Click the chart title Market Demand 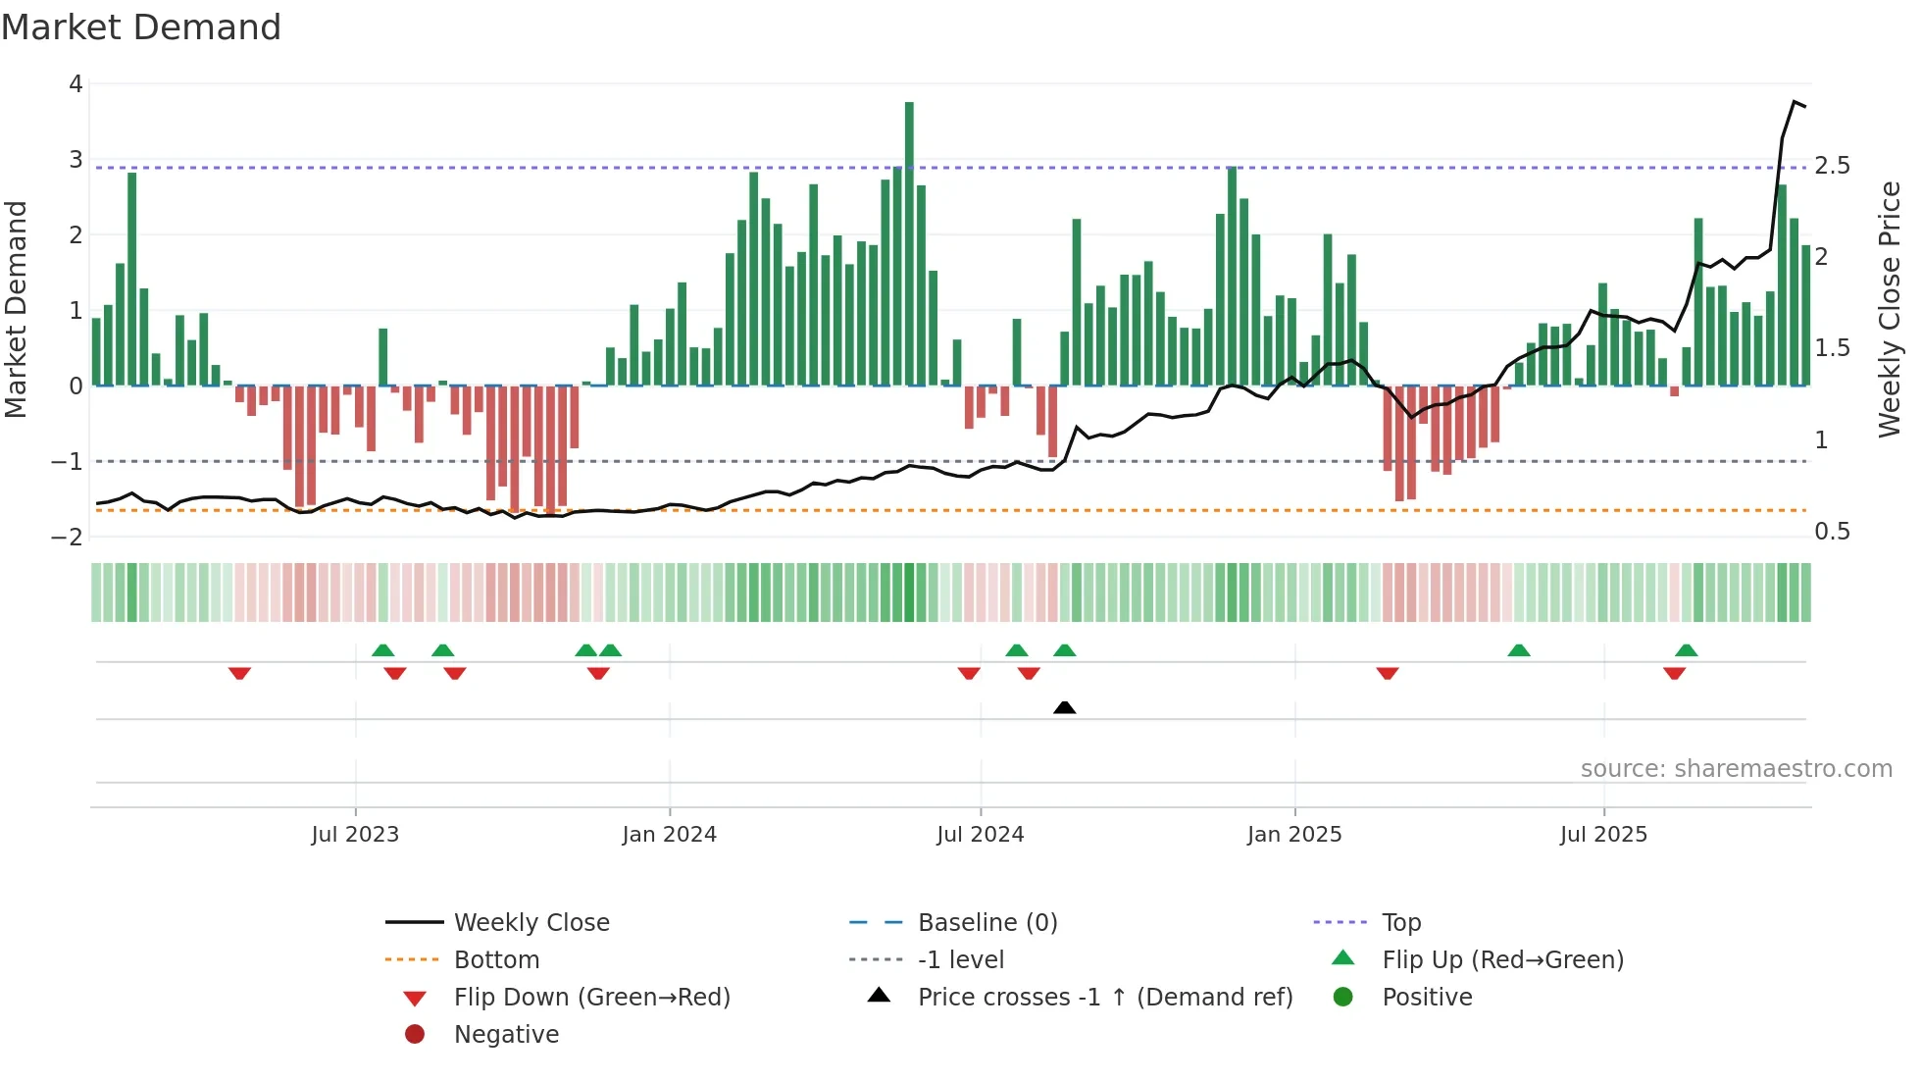141,27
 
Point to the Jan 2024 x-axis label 669,835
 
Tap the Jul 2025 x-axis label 1603,835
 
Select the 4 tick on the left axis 76,84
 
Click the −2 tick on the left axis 68,537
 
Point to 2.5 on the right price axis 1832,166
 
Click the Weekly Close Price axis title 1889,309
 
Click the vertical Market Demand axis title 16,309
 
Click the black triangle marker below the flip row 1064,707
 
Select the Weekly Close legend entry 531,923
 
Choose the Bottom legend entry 496,960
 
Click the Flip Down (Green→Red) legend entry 591,998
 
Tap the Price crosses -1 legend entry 1104,998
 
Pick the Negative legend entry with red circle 506,1035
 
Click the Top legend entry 1400,923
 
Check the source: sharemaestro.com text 1736,769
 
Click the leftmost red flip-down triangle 239,673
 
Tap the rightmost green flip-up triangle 1686,650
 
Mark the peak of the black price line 1795,102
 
